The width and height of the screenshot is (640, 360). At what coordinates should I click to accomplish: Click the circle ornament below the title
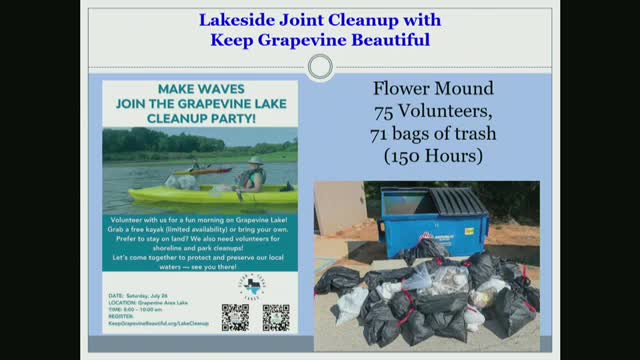(320, 67)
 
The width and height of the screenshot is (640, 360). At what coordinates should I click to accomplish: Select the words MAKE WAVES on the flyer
(199, 88)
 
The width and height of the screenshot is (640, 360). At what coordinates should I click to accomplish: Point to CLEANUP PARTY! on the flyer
(199, 116)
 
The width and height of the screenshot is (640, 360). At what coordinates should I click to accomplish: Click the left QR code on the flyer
(234, 317)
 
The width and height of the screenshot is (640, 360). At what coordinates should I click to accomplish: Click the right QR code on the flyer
(275, 317)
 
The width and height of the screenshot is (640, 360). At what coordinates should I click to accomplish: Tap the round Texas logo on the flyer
(252, 287)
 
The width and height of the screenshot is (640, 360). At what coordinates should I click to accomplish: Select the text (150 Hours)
(433, 156)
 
